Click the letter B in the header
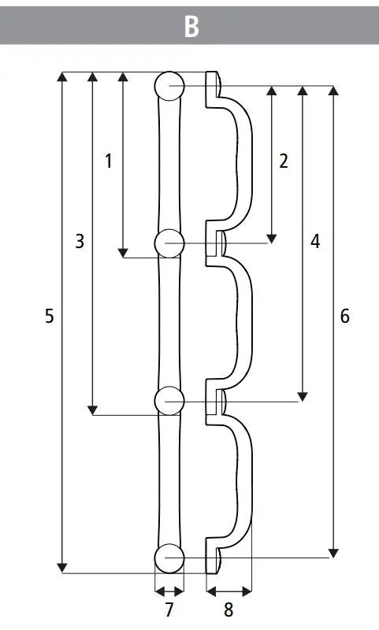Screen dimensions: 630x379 click(191, 26)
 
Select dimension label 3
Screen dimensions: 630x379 click(80, 242)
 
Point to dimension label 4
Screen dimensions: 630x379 click(315, 242)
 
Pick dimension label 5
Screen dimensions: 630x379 click(50, 317)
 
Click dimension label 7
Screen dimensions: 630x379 click(169, 609)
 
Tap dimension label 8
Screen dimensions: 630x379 click(229, 609)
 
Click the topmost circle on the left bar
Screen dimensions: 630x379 click(169, 85)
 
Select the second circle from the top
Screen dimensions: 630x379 click(169, 243)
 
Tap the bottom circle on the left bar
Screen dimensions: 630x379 click(169, 558)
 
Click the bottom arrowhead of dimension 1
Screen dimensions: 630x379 click(123, 252)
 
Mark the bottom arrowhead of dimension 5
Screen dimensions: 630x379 click(63, 568)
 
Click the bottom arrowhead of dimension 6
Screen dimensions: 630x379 click(333, 552)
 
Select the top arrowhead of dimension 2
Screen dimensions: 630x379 click(272, 91)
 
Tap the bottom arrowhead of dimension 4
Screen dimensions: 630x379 click(302, 395)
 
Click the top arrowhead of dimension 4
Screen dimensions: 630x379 click(302, 91)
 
